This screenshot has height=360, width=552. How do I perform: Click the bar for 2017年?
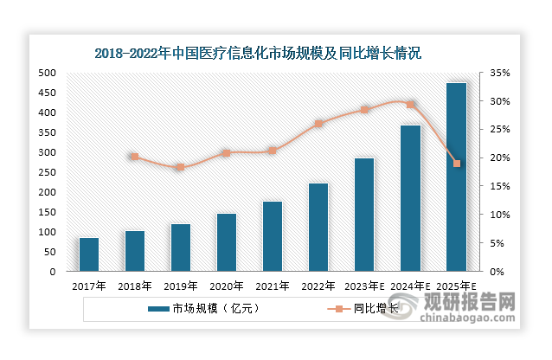click(x=89, y=254)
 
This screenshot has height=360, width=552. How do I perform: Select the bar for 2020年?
click(x=227, y=242)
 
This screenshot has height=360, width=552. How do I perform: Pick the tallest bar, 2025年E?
click(x=456, y=177)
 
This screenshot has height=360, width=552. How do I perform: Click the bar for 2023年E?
click(x=364, y=215)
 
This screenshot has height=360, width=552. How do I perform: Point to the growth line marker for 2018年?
click(x=134, y=157)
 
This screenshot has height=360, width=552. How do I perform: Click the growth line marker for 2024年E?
click(x=411, y=105)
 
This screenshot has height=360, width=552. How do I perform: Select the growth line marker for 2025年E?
click(x=457, y=164)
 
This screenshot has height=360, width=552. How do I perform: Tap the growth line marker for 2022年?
click(x=318, y=124)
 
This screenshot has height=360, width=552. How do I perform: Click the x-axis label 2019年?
click(x=181, y=286)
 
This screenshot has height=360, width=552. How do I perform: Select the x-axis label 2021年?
click(x=273, y=286)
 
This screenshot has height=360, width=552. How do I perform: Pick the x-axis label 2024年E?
click(x=410, y=286)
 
